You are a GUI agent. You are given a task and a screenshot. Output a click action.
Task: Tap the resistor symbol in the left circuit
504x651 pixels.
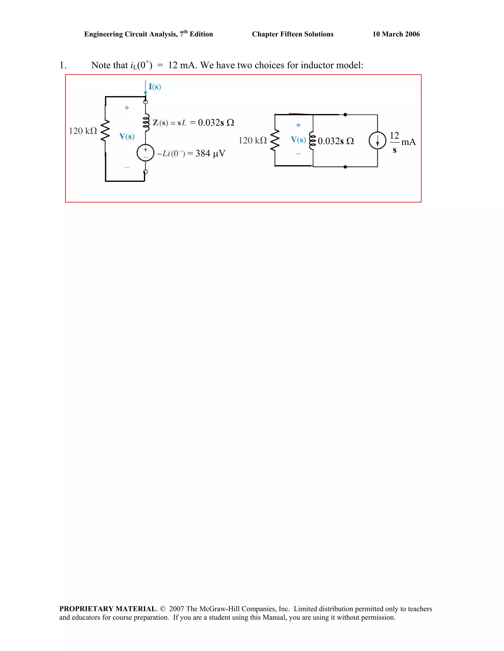105,130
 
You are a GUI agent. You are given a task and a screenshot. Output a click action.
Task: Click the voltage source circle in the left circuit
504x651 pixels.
145,153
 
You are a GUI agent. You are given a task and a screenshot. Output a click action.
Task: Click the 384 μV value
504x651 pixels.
210,154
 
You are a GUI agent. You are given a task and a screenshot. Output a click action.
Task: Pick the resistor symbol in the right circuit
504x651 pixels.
275,140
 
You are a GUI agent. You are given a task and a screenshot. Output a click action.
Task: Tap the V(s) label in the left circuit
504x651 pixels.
127,137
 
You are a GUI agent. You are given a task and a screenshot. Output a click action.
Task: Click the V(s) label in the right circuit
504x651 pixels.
298,140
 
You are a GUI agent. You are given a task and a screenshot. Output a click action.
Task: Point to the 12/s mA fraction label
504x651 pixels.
402,142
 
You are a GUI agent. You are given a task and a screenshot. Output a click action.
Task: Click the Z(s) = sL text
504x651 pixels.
170,123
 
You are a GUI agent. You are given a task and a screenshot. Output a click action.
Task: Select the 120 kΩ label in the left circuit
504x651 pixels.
83,131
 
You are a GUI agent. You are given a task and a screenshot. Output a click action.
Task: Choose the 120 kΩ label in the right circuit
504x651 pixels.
252,140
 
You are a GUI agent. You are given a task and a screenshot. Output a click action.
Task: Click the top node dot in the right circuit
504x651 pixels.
345,114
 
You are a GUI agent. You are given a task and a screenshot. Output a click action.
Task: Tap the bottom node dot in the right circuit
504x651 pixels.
345,167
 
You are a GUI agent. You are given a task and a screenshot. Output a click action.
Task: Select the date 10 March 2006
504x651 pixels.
396,34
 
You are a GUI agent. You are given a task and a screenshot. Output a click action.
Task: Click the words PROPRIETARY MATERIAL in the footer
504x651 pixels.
108,609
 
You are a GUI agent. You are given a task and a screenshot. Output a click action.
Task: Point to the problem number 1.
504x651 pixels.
63,65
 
